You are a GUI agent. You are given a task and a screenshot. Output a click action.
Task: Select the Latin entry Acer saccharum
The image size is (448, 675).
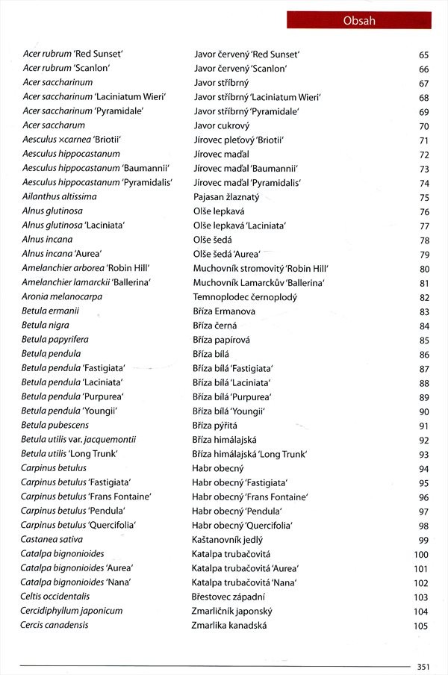point(54,125)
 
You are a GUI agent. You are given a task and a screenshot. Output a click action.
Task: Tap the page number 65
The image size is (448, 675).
point(423,55)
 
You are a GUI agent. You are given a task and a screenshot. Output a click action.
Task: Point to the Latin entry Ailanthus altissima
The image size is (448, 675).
point(60,196)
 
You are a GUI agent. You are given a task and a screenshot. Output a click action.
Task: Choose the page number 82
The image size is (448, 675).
point(423,297)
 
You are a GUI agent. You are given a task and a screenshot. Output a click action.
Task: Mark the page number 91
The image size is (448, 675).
point(423,426)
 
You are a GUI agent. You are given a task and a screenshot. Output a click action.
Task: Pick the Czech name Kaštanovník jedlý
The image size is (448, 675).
point(229,540)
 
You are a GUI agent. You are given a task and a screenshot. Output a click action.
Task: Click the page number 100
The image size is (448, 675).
point(421,555)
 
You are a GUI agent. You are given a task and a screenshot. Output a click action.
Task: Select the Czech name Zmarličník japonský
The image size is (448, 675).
point(231,612)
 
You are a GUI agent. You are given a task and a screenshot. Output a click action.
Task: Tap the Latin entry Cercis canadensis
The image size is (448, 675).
point(55,626)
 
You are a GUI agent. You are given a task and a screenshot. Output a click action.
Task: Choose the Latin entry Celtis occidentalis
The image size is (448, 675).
point(55,597)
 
